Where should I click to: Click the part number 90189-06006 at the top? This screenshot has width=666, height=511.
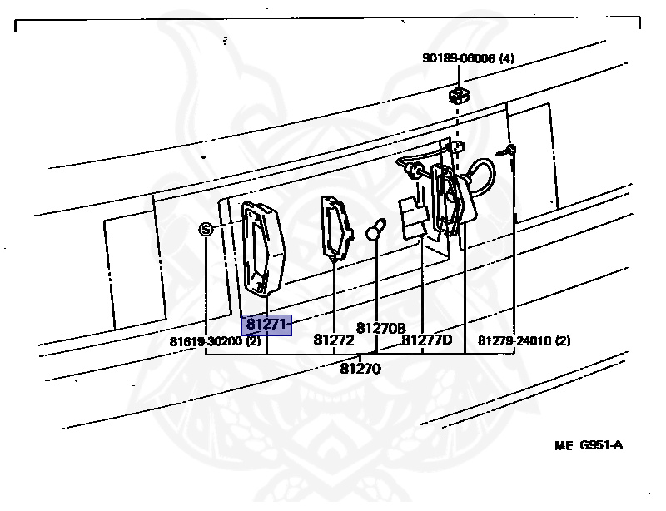[459, 58]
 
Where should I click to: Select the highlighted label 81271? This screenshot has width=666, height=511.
[266, 325]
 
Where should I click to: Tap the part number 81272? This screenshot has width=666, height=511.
[334, 340]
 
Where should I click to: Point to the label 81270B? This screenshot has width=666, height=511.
[380, 328]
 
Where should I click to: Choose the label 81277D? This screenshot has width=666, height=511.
[426, 340]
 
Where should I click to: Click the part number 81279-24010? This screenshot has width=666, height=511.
[514, 340]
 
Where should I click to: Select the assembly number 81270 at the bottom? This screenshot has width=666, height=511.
[360, 368]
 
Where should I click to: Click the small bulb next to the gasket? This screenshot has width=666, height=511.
[376, 228]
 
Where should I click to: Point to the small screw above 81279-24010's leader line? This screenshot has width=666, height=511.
[509, 151]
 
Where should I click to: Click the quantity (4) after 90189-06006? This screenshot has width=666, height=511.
[507, 58]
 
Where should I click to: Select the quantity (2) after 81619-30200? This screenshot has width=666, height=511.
[252, 341]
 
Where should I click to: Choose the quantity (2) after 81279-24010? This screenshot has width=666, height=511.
[563, 340]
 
